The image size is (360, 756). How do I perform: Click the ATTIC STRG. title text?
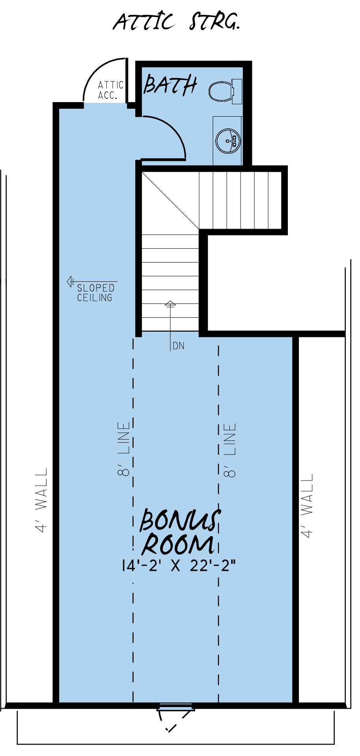click(x=176, y=21)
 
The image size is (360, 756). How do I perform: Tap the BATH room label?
click(x=170, y=85)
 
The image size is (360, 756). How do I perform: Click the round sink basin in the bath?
click(x=228, y=140)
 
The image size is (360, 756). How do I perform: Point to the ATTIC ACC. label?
click(x=110, y=90)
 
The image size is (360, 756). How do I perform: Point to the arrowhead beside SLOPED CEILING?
click(x=71, y=282)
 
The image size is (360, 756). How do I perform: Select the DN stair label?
click(x=179, y=346)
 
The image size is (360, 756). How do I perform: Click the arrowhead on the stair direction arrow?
click(x=170, y=304)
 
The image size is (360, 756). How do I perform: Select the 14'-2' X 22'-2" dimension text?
click(x=178, y=566)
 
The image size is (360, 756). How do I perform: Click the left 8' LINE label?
click(x=124, y=449)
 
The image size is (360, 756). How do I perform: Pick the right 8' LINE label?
click(x=230, y=450)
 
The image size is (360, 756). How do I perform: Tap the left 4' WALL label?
click(x=41, y=500)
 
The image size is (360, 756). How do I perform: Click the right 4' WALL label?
click(x=307, y=506)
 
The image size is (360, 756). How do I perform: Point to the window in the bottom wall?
click(x=176, y=706)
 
